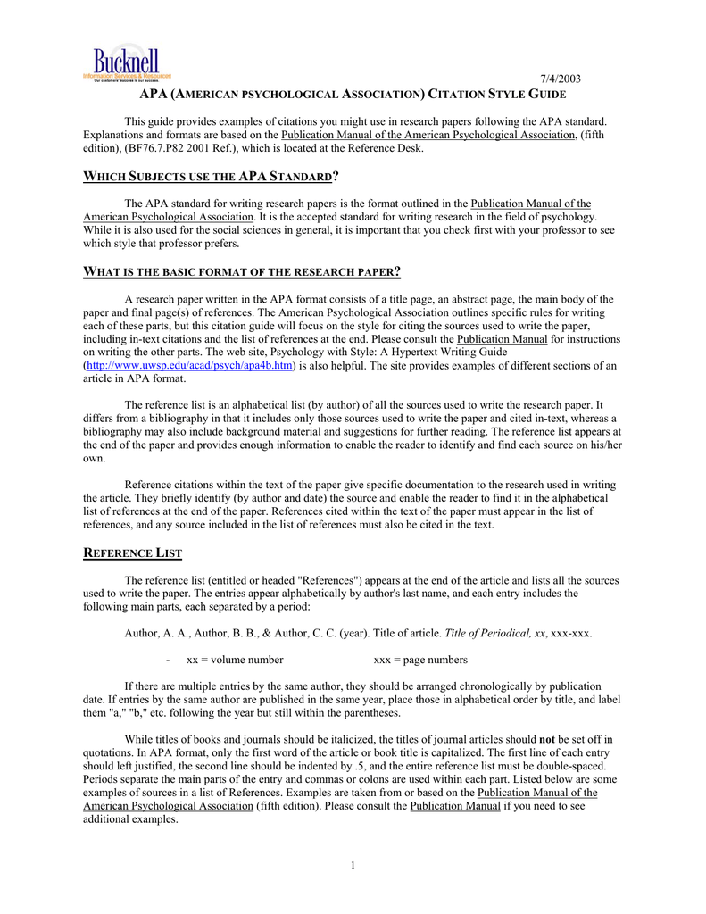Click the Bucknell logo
[126, 64]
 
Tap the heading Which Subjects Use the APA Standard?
[211, 176]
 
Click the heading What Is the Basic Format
[241, 271]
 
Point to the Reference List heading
[132, 553]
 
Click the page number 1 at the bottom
[353, 865]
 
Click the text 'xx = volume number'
[235, 660]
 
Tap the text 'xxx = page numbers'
[419, 660]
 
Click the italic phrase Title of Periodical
[487, 633]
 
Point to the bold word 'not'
[549, 739]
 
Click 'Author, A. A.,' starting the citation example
[155, 633]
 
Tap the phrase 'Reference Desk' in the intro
[387, 148]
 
